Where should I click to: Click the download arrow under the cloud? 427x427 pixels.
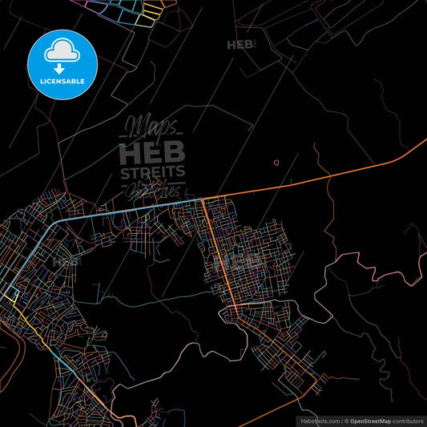[60, 66]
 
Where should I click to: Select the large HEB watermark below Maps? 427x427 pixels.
[152, 151]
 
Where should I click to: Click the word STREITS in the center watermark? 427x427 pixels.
[152, 171]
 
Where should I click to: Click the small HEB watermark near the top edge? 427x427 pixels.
[240, 45]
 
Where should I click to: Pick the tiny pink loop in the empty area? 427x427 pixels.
[276, 163]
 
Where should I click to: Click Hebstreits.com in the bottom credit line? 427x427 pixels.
[319, 420]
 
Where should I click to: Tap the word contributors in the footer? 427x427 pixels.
[409, 420]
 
